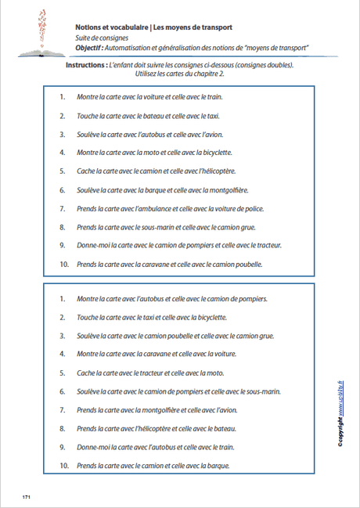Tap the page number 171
coord(27,497)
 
